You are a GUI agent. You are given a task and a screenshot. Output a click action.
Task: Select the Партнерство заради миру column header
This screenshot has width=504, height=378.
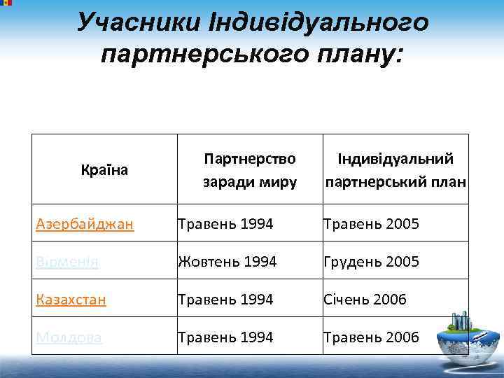[x=249, y=171]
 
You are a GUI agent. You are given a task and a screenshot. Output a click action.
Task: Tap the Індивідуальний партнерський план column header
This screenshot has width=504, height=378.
[x=395, y=171]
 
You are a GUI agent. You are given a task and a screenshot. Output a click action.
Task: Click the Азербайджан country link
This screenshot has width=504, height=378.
[x=85, y=224]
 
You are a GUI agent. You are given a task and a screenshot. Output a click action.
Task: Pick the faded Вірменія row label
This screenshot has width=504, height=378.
[x=67, y=262]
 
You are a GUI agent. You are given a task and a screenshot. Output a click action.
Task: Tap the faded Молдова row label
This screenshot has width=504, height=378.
[x=69, y=337]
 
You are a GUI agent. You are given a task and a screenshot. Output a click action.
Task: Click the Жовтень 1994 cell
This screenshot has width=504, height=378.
[x=227, y=262]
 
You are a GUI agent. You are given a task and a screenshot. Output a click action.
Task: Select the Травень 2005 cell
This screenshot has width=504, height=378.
[x=371, y=224]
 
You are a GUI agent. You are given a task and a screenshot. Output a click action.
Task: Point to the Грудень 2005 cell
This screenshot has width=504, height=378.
[x=371, y=262]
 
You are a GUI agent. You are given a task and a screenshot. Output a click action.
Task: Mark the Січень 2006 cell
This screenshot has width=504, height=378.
[x=365, y=300]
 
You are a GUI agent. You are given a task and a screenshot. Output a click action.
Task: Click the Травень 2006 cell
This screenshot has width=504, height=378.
[x=371, y=337]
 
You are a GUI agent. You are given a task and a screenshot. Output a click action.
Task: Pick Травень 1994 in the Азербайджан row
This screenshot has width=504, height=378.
[x=225, y=224]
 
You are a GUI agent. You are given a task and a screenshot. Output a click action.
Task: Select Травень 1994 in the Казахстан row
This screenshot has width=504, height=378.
[x=225, y=300]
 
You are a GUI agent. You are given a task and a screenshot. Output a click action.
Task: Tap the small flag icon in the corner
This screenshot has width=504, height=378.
[x=6, y=3]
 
